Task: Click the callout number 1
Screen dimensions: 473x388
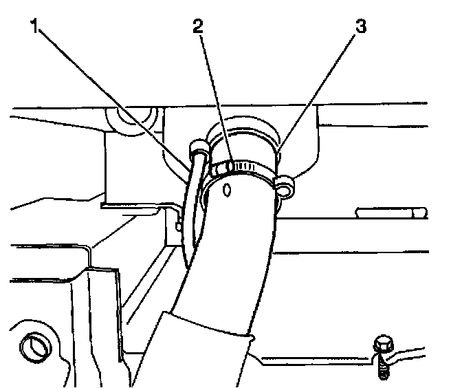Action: point(34,28)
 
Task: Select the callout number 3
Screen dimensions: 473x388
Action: point(360,28)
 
